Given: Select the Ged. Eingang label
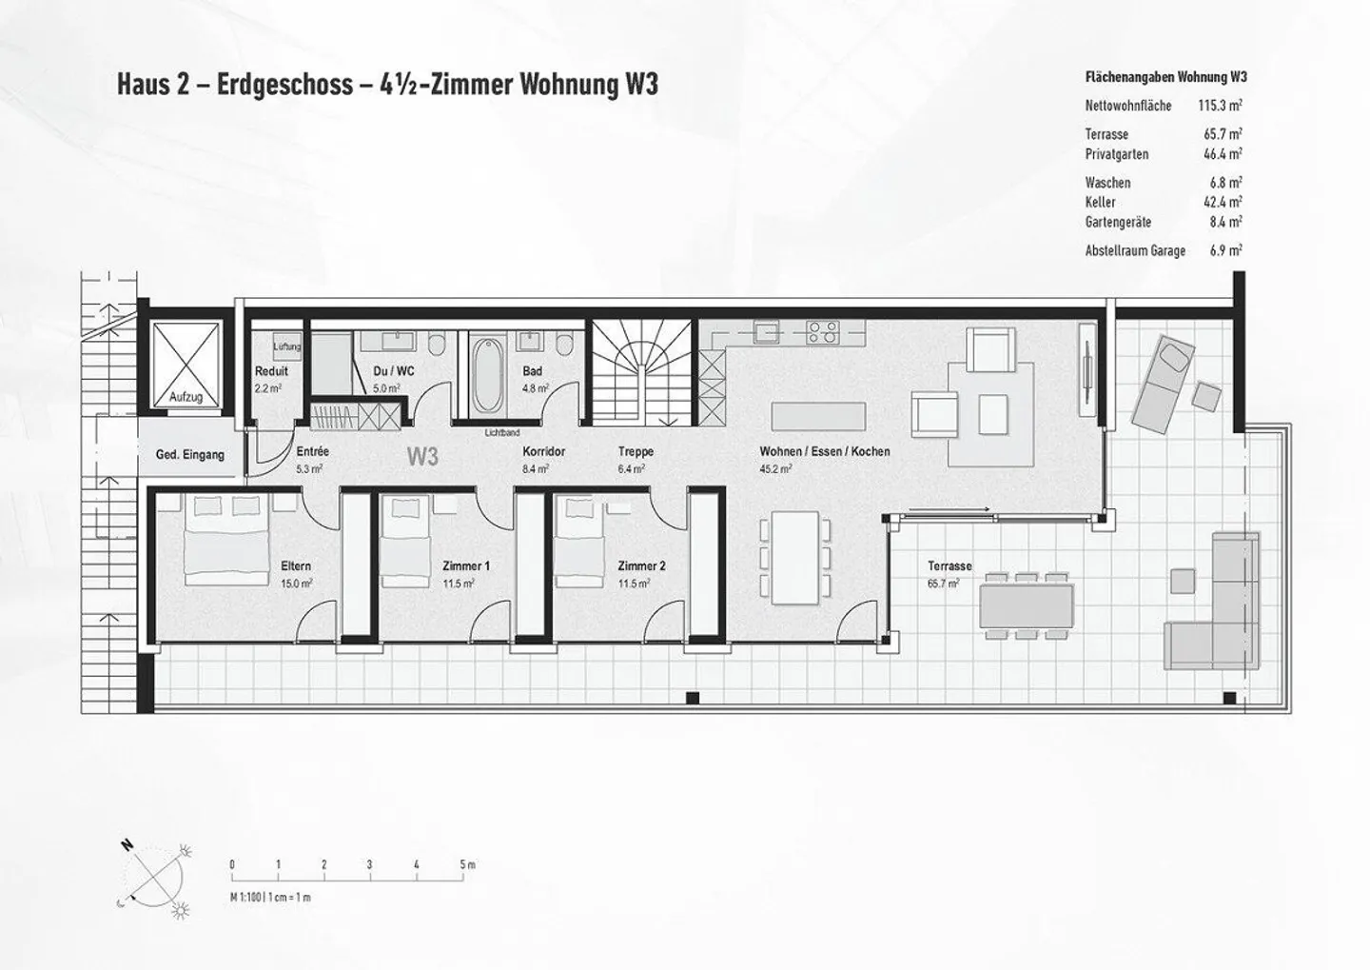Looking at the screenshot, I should pyautogui.click(x=190, y=455).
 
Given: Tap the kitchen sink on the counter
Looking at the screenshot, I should pyautogui.click(x=767, y=332).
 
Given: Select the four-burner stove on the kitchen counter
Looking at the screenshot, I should pyautogui.click(x=823, y=332).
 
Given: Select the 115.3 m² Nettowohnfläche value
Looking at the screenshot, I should pyautogui.click(x=1221, y=106).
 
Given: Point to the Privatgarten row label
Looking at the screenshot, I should pyautogui.click(x=1117, y=154).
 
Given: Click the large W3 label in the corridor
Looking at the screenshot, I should pyautogui.click(x=423, y=457).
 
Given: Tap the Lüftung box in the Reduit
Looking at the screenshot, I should pyautogui.click(x=287, y=347).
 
